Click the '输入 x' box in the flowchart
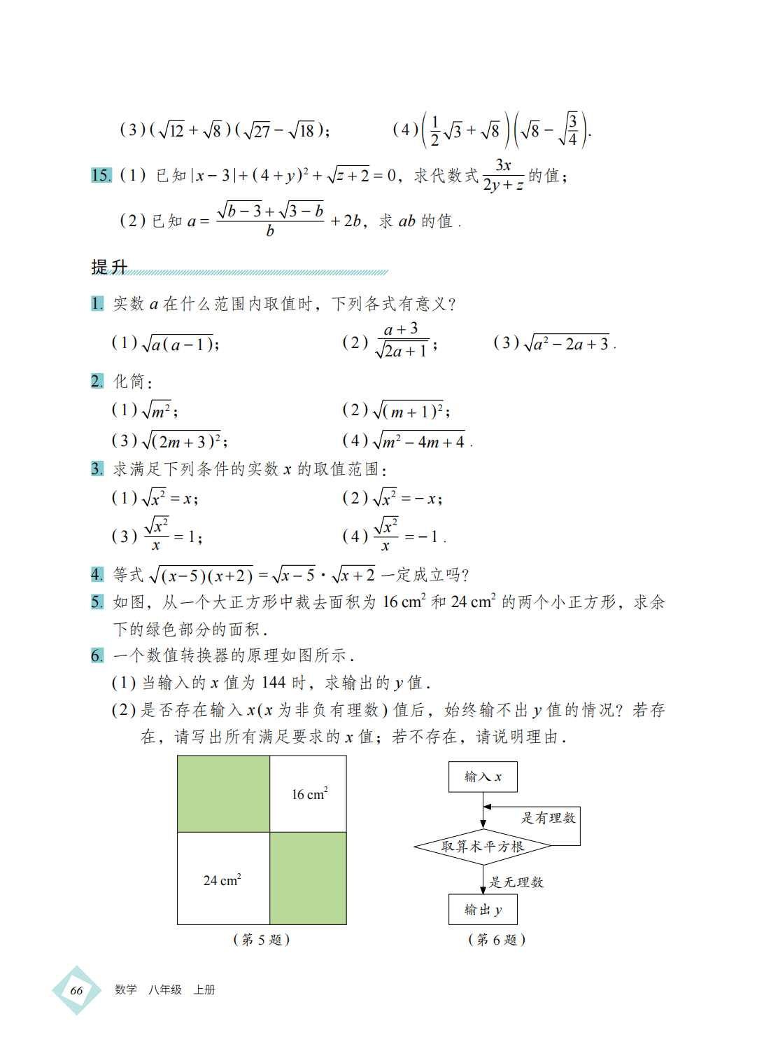[x=483, y=777]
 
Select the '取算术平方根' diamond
[x=483, y=846]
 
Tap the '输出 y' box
[x=483, y=910]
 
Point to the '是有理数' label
[x=548, y=818]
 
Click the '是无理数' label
[x=516, y=882]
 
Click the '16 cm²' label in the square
[x=309, y=794]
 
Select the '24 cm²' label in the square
[x=222, y=880]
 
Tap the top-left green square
[x=223, y=793]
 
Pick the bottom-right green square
[x=308, y=878]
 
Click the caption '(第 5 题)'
[x=262, y=940]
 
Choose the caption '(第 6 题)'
[x=497, y=940]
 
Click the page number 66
[x=76, y=990]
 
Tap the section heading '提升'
[x=109, y=267]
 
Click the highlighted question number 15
[x=101, y=175]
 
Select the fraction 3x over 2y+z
[x=503, y=175]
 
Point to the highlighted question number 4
[x=97, y=575]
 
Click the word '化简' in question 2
[x=129, y=382]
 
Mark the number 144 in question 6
[x=274, y=683]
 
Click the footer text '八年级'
[x=165, y=990]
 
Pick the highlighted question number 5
[x=97, y=602]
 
